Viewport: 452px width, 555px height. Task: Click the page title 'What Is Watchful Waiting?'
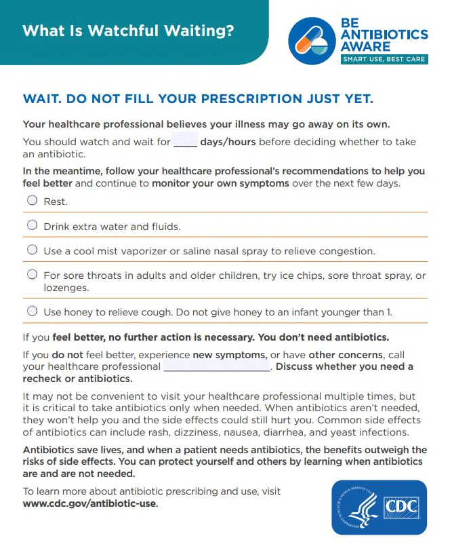(x=128, y=31)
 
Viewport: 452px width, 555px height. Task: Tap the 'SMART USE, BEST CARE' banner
(x=384, y=59)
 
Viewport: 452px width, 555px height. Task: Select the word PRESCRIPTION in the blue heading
(x=234, y=99)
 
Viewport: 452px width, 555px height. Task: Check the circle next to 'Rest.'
(x=32, y=200)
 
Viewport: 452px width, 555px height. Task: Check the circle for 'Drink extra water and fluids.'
(x=32, y=225)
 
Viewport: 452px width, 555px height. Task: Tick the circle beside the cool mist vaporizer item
(x=32, y=249)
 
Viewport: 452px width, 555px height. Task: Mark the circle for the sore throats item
(x=32, y=274)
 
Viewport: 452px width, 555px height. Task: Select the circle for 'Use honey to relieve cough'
(x=32, y=311)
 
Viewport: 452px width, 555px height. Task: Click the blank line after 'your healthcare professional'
(x=217, y=366)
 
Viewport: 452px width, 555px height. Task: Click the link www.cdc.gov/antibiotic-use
(x=89, y=503)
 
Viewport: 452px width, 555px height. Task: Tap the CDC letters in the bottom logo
(x=400, y=507)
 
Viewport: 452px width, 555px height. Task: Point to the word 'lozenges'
(x=66, y=288)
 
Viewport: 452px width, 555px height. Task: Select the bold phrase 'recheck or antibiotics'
(x=77, y=378)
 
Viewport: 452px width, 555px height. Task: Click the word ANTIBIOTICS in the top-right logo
(x=384, y=35)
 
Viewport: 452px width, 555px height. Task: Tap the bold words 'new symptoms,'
(x=230, y=355)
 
